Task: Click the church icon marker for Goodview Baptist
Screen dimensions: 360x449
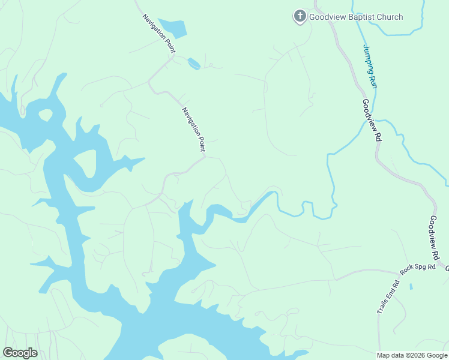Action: (x=300, y=16)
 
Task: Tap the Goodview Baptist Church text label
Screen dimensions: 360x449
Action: (x=355, y=17)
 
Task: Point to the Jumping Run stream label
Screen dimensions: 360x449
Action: (x=370, y=66)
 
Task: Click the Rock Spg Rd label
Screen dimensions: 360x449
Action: (x=418, y=268)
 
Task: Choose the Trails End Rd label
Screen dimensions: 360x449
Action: (x=388, y=297)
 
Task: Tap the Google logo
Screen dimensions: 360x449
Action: (x=20, y=353)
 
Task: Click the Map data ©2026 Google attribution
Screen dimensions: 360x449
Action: (x=411, y=355)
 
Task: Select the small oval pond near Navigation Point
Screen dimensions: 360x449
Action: (x=194, y=62)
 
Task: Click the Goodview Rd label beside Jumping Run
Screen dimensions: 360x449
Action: (x=372, y=120)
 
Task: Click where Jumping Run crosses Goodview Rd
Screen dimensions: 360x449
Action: (x=364, y=118)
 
